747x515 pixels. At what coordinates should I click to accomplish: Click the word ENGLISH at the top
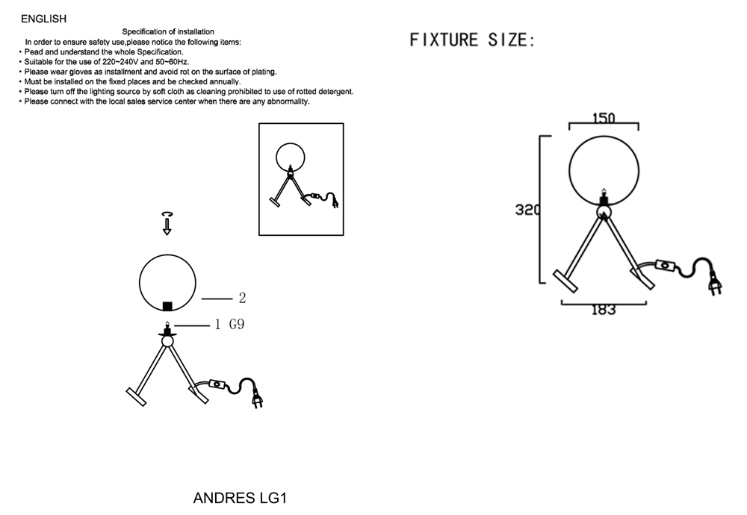coord(43,19)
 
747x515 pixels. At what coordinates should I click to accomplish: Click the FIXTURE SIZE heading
coord(472,40)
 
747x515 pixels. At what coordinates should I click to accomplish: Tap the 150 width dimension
coord(604,118)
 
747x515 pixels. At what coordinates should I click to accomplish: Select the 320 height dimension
coord(527,210)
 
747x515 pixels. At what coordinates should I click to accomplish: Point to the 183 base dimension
coord(604,310)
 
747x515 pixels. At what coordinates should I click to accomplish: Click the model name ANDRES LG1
coord(240,498)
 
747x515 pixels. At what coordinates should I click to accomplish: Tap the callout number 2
coord(243,298)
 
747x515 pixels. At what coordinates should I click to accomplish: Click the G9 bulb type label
coord(237,324)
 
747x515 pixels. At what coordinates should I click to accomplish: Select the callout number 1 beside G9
coord(217,325)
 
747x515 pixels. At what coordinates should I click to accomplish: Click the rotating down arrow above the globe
coord(167,223)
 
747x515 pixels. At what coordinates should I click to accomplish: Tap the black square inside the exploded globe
coord(167,306)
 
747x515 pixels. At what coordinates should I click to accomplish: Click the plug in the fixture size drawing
coord(715,283)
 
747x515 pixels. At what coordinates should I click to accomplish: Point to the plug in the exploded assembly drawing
coord(257,399)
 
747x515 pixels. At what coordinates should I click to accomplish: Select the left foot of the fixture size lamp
coord(565,281)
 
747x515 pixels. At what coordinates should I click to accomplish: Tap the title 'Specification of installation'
coord(168,32)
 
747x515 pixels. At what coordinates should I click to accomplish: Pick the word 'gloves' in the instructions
coord(81,72)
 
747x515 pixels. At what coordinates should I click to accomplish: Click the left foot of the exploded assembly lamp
coord(136,397)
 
